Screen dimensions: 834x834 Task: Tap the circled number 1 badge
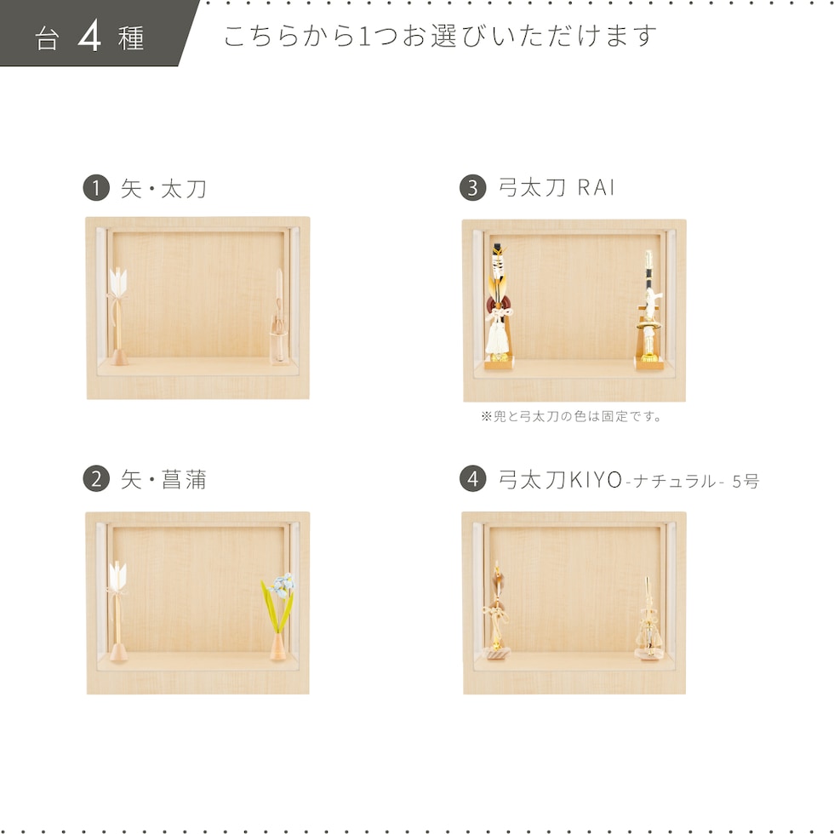(96, 188)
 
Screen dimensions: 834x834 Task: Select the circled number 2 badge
(96, 478)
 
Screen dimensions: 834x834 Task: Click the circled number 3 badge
(473, 188)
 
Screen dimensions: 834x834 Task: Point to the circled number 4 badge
(473, 478)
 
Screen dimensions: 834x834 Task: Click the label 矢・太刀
(163, 189)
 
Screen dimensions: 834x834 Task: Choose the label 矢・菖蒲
(163, 480)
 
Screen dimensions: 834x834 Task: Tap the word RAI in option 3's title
(597, 188)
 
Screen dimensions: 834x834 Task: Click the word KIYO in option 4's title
(596, 480)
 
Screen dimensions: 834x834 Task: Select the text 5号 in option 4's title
(745, 482)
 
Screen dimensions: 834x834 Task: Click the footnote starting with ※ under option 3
(571, 416)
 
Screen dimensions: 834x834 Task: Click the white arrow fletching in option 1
(117, 281)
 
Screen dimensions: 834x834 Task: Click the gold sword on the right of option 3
(648, 309)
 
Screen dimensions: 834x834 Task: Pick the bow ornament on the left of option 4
(497, 611)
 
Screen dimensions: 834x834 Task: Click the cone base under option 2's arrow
(118, 652)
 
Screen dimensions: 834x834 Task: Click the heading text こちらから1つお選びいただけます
(440, 36)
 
